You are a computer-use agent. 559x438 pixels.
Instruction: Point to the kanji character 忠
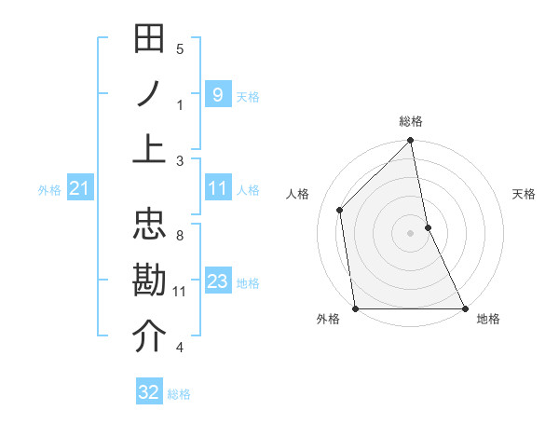(x=149, y=227)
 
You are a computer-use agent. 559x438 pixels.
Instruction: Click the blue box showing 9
(x=217, y=95)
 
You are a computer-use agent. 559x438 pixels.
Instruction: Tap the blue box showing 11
(x=217, y=189)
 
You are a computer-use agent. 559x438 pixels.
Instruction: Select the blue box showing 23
(x=217, y=281)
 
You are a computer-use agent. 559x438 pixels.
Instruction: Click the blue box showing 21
(x=79, y=189)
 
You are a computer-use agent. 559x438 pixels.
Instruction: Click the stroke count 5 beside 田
(x=180, y=49)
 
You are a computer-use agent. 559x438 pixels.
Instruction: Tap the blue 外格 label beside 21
(x=49, y=190)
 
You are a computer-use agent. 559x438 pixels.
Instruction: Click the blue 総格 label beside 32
(x=179, y=393)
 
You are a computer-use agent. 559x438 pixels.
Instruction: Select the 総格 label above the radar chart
(x=411, y=122)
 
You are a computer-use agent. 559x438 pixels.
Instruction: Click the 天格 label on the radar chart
(x=524, y=194)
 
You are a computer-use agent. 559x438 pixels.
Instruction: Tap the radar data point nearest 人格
(x=340, y=210)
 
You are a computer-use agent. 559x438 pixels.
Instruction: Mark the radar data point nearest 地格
(x=464, y=308)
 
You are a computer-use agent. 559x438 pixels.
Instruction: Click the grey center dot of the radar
(x=410, y=232)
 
